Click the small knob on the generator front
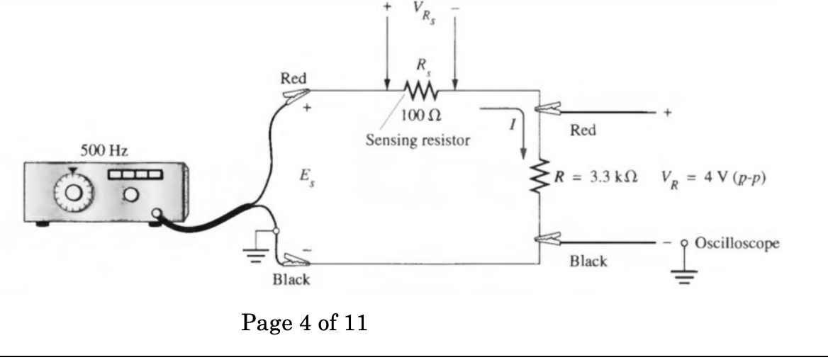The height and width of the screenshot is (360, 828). point(131,194)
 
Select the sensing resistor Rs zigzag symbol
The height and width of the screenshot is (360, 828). point(421,91)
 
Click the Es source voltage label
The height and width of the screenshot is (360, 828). point(307,175)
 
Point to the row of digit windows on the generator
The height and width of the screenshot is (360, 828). point(134,174)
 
